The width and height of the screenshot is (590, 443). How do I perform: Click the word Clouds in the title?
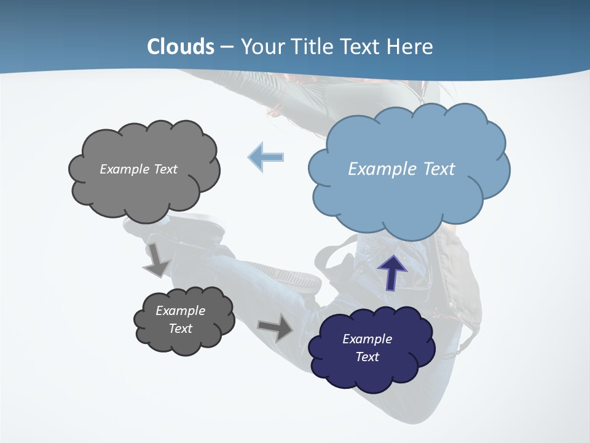[181, 47]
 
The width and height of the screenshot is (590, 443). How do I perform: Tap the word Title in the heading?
[312, 47]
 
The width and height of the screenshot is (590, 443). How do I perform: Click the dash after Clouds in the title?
[226, 47]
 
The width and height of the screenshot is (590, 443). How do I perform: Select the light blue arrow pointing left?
[266, 157]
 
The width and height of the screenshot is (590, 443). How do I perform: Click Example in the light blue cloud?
[380, 169]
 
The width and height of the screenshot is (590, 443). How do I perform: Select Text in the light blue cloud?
[436, 169]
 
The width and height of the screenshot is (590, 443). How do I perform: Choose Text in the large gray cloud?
[165, 169]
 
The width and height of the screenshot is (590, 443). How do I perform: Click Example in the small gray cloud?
[181, 311]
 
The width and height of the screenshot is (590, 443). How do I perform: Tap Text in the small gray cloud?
[181, 329]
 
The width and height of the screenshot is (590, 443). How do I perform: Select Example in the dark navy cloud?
[367, 339]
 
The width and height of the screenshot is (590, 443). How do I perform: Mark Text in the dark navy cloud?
[367, 357]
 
